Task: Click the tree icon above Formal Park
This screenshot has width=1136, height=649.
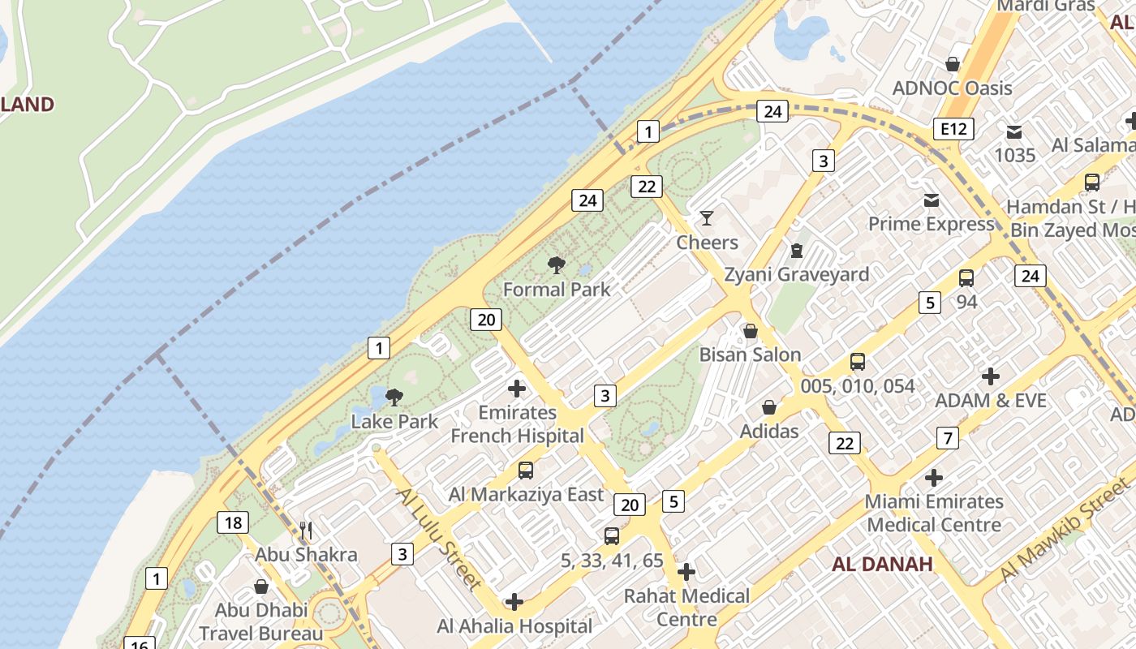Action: tap(556, 264)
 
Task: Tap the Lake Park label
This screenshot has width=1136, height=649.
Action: tap(394, 421)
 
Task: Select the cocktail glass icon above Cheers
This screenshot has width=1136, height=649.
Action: tap(707, 217)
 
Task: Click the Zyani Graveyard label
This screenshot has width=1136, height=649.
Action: tap(796, 274)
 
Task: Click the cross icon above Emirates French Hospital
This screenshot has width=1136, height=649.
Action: tap(517, 388)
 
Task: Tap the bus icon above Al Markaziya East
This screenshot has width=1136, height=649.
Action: tap(526, 470)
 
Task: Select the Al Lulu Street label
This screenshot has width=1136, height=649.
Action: tap(439, 538)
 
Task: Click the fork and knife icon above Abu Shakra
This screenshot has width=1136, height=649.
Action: tap(306, 531)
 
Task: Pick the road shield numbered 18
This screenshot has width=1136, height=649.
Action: tap(232, 522)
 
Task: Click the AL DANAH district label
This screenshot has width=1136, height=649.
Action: tap(883, 563)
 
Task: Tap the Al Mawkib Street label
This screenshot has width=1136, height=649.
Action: tap(1064, 530)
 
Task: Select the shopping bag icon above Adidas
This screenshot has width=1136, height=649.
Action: tap(768, 407)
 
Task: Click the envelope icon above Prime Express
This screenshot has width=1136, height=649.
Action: tap(931, 200)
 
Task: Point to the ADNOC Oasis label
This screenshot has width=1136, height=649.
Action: tap(952, 88)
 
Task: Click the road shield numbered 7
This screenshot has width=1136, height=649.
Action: tap(947, 438)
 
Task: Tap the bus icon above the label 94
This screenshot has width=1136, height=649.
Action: tap(966, 278)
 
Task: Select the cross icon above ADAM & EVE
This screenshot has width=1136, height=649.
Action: tap(990, 376)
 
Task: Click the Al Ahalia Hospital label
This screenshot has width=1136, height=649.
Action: tap(514, 625)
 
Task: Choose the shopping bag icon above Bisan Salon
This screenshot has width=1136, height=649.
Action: tap(751, 331)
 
